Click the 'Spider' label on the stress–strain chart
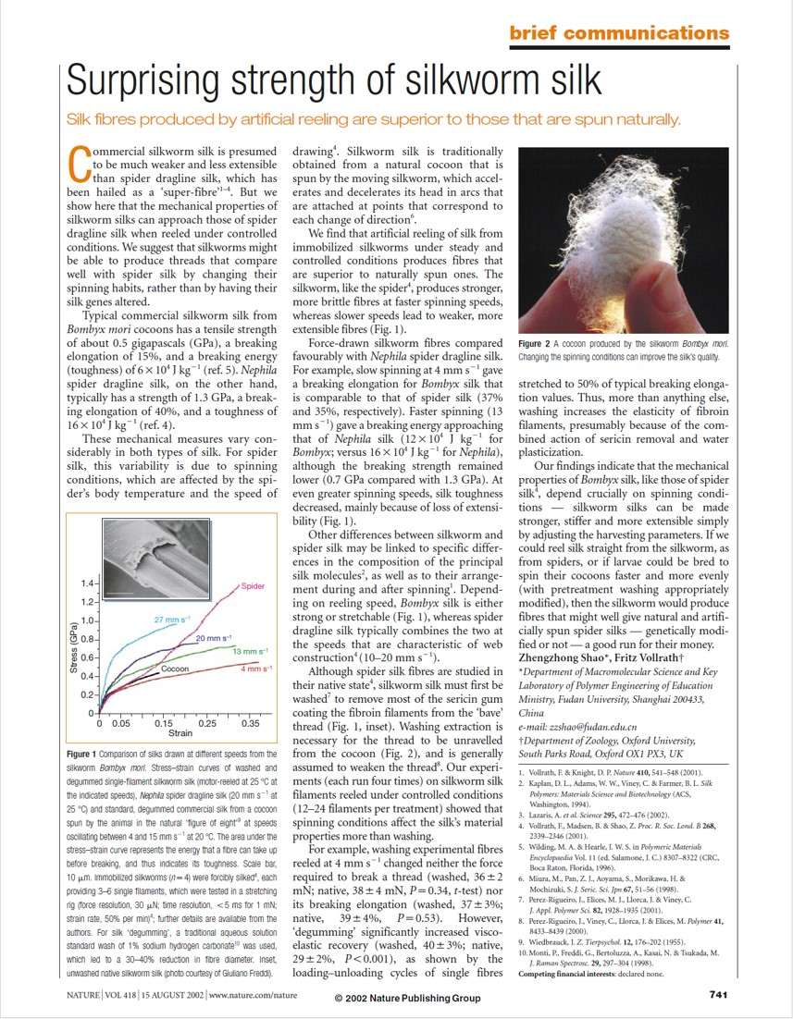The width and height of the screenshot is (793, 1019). tap(253, 586)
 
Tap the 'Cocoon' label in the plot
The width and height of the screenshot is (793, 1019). tap(175, 668)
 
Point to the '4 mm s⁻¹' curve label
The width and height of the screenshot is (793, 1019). tap(255, 668)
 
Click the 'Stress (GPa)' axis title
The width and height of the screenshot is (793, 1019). tap(73, 647)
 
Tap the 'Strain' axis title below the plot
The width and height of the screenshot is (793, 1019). tap(180, 733)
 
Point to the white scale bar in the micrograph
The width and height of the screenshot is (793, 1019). tap(119, 589)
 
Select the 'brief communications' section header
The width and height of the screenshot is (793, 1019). tap(619, 33)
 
